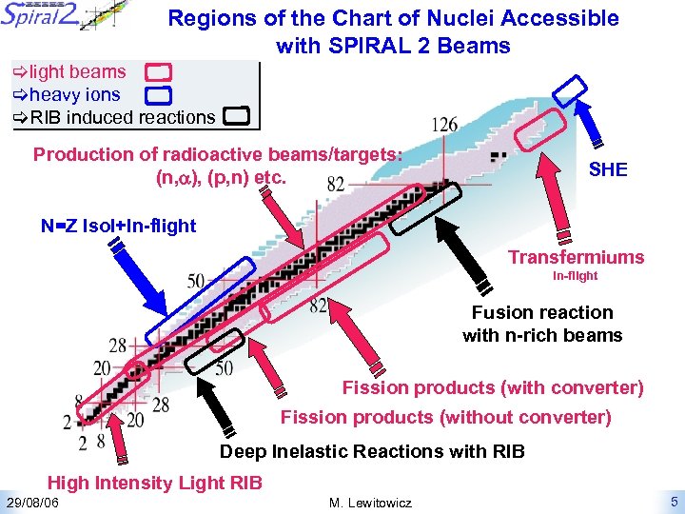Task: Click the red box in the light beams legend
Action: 159,72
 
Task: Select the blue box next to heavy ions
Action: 159,94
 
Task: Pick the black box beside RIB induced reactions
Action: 236,117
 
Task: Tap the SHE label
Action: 608,169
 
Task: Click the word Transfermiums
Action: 576,257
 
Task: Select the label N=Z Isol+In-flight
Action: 118,226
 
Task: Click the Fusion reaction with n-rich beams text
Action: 542,324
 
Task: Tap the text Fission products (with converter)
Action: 493,388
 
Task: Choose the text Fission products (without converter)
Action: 445,417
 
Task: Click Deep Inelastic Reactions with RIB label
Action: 372,451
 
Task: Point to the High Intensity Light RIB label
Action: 155,484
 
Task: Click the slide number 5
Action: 673,502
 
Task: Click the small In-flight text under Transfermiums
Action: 576,277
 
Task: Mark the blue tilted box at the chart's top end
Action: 571,89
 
